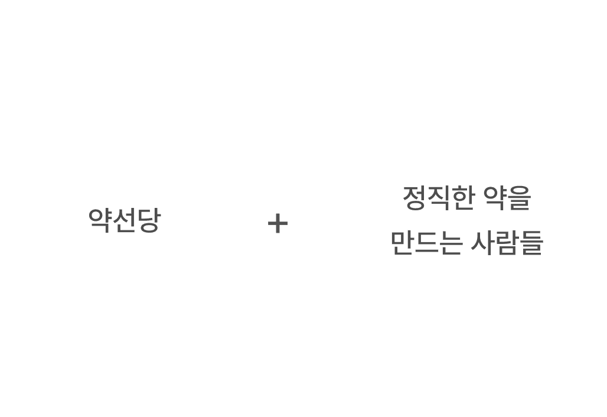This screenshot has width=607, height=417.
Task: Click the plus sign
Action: [278, 224]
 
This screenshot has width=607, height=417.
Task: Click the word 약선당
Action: [124, 220]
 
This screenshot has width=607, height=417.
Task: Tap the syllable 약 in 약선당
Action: [100, 220]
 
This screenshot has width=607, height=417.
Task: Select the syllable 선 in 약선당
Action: [124, 220]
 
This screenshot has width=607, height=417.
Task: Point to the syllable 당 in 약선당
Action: [148, 220]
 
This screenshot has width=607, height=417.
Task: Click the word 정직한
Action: [438, 198]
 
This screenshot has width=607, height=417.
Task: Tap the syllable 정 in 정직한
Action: [415, 198]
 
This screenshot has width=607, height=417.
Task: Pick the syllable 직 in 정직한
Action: [438, 198]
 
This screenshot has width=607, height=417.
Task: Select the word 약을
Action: [507, 198]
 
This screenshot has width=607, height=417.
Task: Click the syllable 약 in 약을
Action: [495, 198]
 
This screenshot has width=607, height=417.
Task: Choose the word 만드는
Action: [426, 243]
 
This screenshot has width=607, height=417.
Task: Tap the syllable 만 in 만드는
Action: [402, 243]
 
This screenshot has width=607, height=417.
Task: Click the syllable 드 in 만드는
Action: [426, 243]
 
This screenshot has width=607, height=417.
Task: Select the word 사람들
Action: [507, 243]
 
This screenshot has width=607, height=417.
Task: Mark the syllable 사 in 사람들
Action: [482, 243]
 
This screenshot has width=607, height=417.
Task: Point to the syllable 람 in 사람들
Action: [507, 243]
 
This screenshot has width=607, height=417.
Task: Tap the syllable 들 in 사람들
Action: [531, 243]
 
